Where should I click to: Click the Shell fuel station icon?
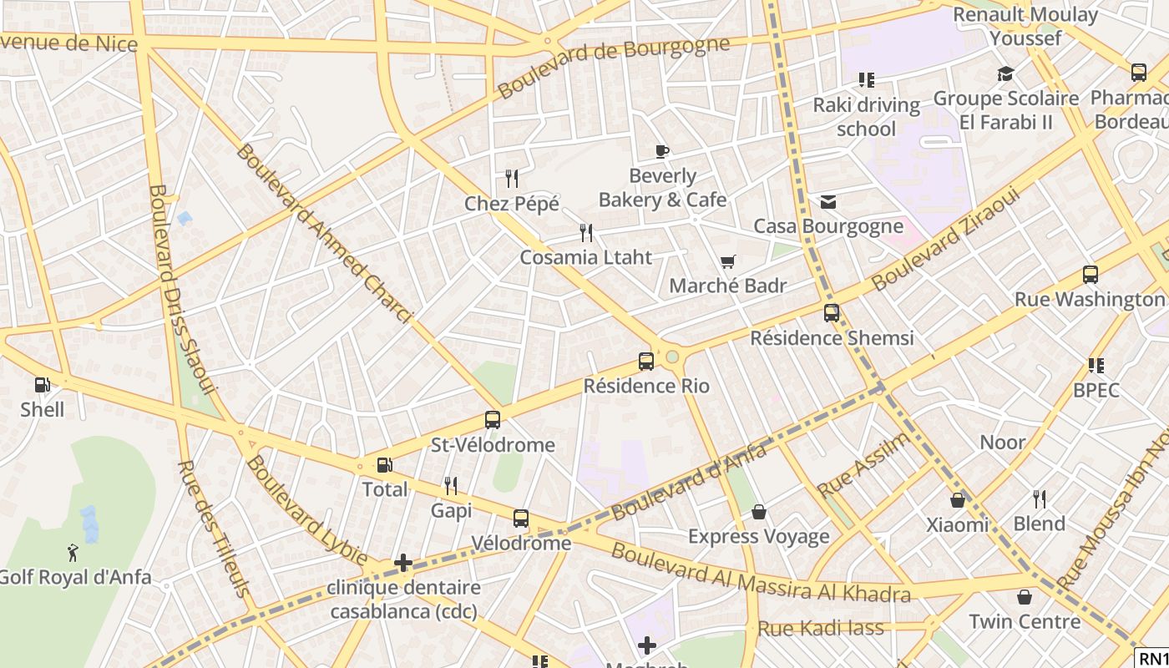(x=42, y=385)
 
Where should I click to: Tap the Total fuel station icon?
(x=384, y=465)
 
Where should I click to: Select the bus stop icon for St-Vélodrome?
(x=493, y=420)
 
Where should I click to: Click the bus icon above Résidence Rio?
(x=645, y=362)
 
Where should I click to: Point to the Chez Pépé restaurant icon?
(x=512, y=179)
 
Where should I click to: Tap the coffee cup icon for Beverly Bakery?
(x=662, y=151)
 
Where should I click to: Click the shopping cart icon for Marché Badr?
(x=727, y=262)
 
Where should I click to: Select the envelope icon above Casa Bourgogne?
(x=828, y=202)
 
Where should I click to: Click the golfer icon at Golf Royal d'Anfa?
(x=73, y=552)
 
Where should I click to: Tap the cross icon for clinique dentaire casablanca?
(x=403, y=563)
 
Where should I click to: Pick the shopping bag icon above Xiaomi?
(x=958, y=500)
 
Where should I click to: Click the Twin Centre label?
(x=1024, y=621)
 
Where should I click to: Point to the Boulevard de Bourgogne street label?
(x=614, y=67)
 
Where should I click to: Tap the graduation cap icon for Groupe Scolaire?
(x=1005, y=74)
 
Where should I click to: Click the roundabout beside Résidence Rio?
(x=672, y=357)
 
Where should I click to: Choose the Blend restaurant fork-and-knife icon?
(x=1039, y=499)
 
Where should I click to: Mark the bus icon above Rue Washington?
(x=1090, y=275)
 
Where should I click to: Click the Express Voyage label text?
(x=758, y=536)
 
